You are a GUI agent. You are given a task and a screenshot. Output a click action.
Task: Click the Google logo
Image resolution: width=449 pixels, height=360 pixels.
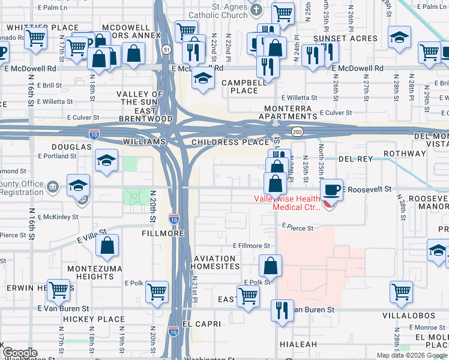coord(20,353)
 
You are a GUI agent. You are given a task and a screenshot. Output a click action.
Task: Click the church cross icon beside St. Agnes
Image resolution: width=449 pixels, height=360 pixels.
coord(256,10)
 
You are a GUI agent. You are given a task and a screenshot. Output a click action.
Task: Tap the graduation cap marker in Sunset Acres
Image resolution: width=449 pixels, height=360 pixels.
coord(399,37)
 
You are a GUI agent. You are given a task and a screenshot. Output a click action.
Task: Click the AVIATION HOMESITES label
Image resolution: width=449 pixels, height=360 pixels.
coord(216,262)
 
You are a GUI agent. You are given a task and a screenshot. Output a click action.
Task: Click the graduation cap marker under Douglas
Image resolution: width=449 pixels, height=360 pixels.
coord(106,160)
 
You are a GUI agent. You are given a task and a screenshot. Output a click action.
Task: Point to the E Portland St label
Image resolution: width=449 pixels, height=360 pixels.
coord(57,155)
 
